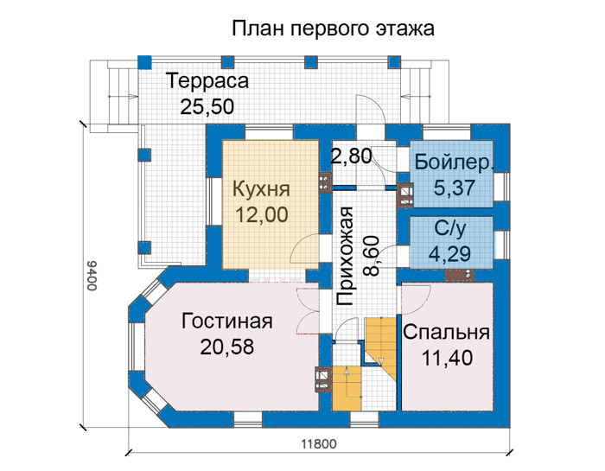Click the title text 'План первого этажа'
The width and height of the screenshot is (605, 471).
tap(333, 29)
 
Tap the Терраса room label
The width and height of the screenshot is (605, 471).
tap(207, 81)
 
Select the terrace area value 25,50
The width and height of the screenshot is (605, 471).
tap(207, 106)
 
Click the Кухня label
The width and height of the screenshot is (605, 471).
tap(261, 189)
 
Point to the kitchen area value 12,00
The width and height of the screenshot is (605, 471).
tap(262, 214)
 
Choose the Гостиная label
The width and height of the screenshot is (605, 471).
tap(226, 321)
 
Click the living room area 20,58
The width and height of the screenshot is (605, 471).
tap(226, 347)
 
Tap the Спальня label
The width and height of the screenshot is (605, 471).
tap(447, 333)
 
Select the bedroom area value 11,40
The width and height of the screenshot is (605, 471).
tap(447, 358)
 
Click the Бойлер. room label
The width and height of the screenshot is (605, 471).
tap(454, 163)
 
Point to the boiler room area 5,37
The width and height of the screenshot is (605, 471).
tap(454, 188)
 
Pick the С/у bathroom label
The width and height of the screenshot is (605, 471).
tap(450, 229)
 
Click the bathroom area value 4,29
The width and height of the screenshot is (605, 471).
tap(450, 254)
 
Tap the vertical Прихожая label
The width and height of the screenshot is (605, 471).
tap(345, 257)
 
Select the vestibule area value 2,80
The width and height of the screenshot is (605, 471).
tap(352, 156)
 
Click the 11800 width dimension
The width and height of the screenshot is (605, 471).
tap(319, 444)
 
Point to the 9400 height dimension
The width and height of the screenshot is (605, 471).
tap(92, 276)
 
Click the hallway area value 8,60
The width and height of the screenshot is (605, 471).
tap(372, 257)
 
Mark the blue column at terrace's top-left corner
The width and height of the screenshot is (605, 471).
tap(144, 62)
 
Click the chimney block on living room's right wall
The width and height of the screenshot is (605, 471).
tap(323, 380)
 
